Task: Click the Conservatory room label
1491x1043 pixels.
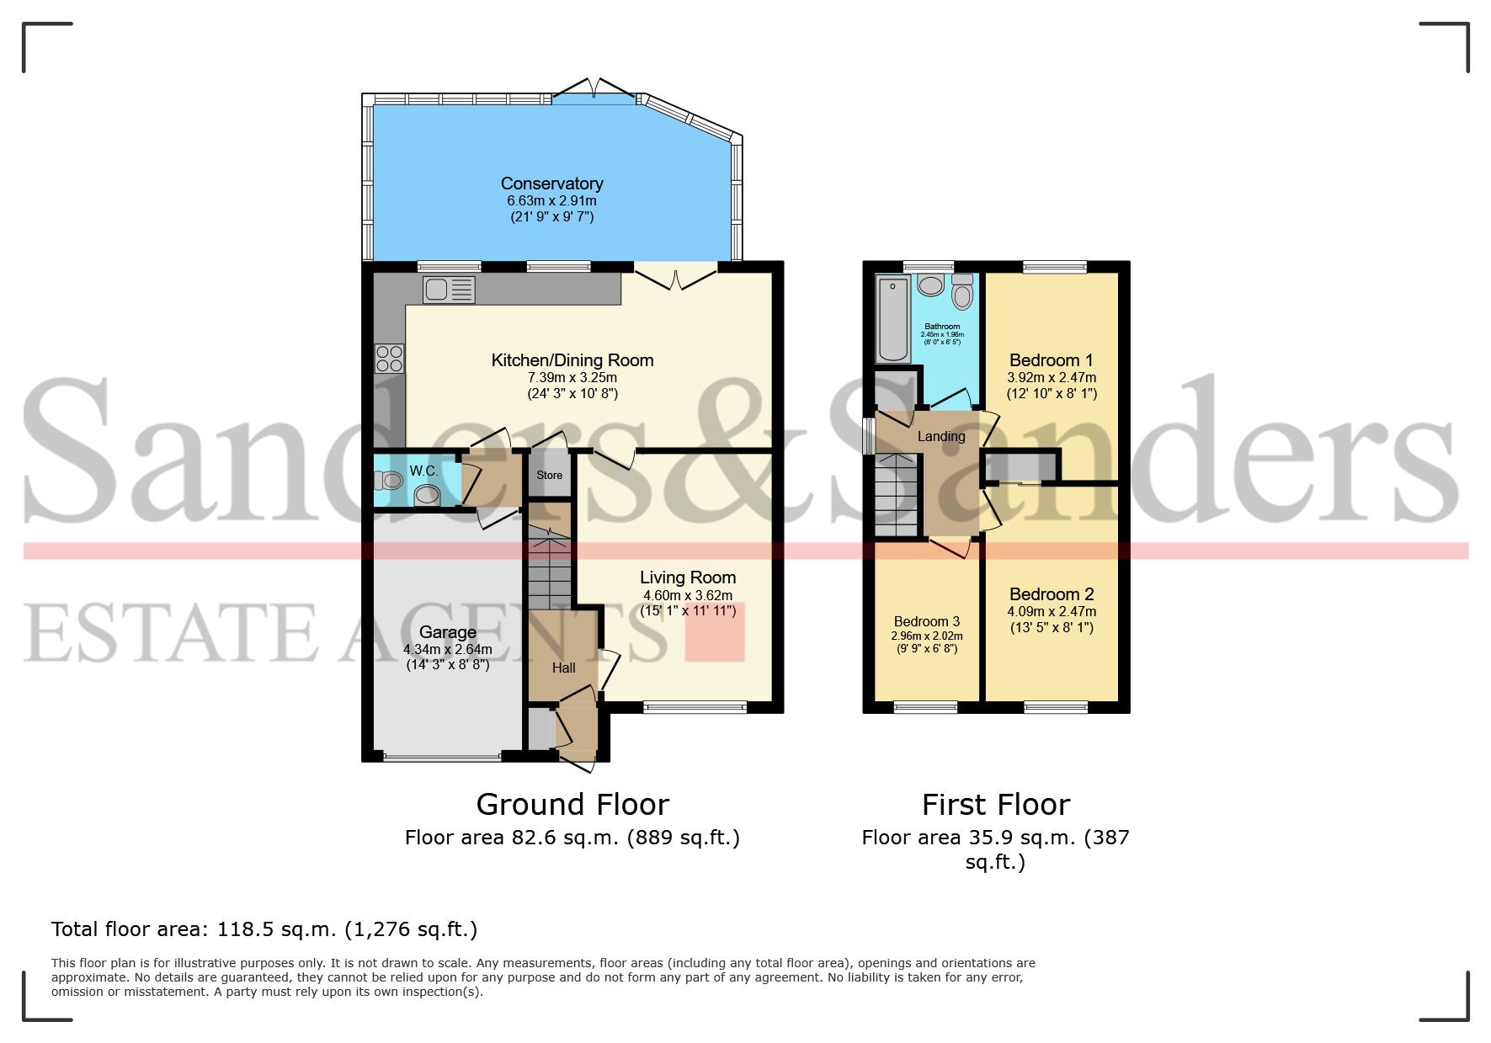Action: pyautogui.click(x=551, y=184)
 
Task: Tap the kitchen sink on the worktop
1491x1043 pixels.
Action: pyautogui.click(x=450, y=290)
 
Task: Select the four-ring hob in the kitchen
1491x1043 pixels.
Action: pyautogui.click(x=389, y=359)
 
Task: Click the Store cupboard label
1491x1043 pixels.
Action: pyautogui.click(x=549, y=476)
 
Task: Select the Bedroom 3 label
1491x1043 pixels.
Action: pyautogui.click(x=927, y=621)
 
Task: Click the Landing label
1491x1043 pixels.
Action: pyautogui.click(x=941, y=436)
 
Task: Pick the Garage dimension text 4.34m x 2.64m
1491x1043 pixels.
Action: pyautogui.click(x=447, y=649)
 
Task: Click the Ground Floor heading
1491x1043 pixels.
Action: pyautogui.click(x=572, y=805)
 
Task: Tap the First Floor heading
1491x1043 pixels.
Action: pyautogui.click(x=995, y=805)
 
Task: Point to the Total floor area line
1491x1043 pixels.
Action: pyautogui.click(x=264, y=929)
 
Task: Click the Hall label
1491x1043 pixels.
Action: pyautogui.click(x=564, y=668)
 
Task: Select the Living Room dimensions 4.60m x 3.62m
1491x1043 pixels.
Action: pyautogui.click(x=688, y=595)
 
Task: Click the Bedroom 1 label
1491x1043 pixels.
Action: pyautogui.click(x=1052, y=360)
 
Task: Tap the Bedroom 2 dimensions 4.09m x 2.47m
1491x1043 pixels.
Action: pyautogui.click(x=1052, y=612)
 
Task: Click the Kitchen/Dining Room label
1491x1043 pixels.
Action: pyautogui.click(x=572, y=360)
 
